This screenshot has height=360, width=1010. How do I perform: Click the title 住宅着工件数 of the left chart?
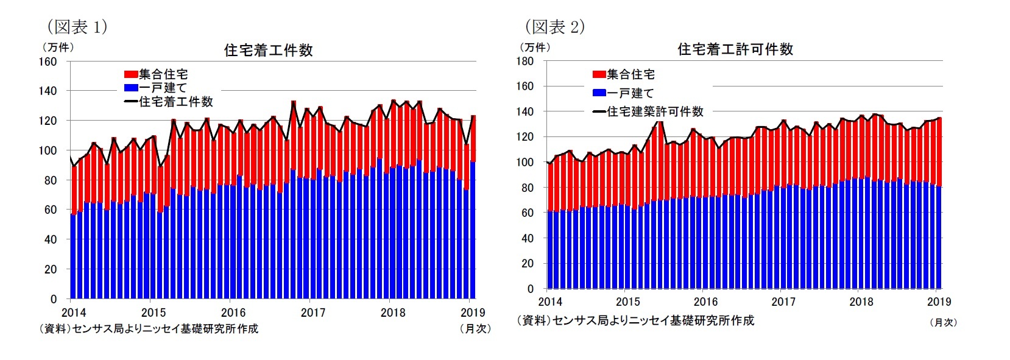point(268,51)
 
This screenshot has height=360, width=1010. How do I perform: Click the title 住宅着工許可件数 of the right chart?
point(735,49)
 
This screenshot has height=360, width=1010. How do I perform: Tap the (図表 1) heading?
point(77,27)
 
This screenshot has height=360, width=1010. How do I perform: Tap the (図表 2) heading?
point(554,27)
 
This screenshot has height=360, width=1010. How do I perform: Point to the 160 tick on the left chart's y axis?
point(49,62)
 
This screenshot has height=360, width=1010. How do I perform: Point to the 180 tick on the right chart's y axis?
point(525,61)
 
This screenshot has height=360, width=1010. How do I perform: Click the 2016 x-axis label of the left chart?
point(233,312)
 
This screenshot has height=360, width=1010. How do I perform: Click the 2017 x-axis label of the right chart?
point(783,302)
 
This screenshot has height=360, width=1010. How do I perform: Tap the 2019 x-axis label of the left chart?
point(472,312)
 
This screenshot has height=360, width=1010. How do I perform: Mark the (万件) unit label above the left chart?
point(57,48)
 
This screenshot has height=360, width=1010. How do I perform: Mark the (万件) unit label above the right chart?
point(534,47)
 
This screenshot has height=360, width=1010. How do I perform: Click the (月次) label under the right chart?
point(943,322)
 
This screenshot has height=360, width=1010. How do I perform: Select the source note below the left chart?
point(149,329)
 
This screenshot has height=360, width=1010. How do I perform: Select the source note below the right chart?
point(635,320)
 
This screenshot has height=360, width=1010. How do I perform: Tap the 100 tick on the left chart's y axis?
point(49,150)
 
